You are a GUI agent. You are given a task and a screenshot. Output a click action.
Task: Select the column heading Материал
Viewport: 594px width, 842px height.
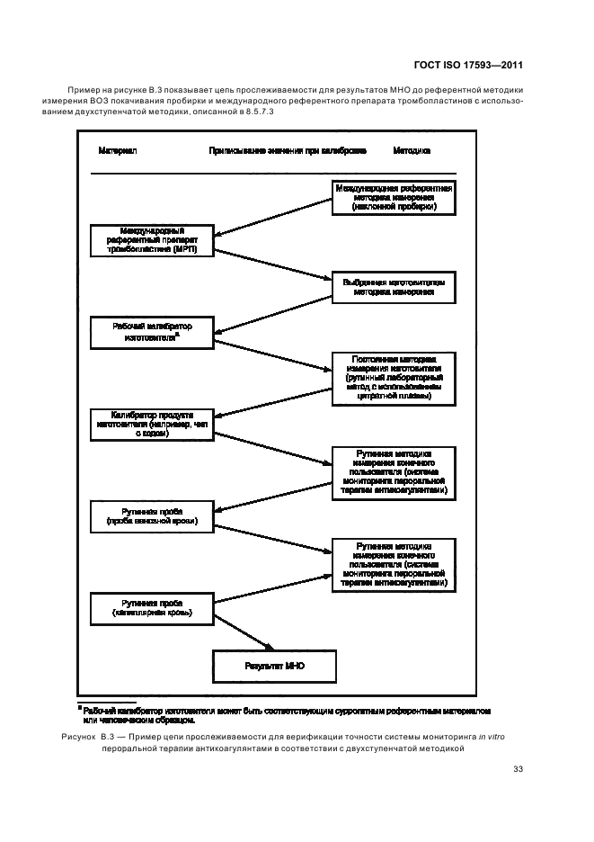click(x=117, y=151)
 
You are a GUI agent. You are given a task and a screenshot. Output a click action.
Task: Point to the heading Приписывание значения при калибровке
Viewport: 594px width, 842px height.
click(x=287, y=151)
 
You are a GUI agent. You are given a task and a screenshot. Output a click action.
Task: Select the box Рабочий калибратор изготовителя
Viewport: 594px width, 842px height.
click(x=152, y=331)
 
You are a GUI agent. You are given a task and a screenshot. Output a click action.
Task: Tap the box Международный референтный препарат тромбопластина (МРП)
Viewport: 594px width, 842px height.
click(x=152, y=238)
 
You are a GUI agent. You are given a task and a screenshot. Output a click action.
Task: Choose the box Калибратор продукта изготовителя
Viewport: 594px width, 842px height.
click(x=152, y=423)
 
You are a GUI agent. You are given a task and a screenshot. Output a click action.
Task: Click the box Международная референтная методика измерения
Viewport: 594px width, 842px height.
click(x=394, y=196)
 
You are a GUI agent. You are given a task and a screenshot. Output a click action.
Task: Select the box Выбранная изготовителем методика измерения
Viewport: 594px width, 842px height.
click(x=394, y=287)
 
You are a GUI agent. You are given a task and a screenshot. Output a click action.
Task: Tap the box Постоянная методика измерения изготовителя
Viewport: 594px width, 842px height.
click(x=394, y=378)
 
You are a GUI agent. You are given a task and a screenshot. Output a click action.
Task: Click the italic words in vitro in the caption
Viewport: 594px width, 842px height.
click(x=492, y=736)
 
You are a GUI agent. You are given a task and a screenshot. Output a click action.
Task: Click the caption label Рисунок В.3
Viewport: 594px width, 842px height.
click(x=91, y=736)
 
